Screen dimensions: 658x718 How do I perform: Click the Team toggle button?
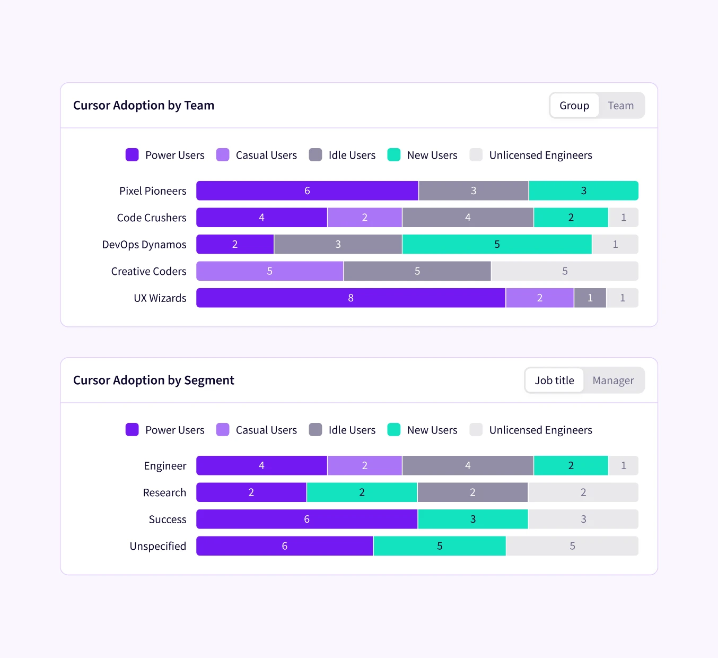click(620, 106)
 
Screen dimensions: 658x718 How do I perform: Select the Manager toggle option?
click(613, 380)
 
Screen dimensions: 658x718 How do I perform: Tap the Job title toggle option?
click(554, 380)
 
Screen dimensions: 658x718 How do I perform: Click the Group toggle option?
click(574, 106)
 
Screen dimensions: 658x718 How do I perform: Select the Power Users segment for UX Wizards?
click(351, 298)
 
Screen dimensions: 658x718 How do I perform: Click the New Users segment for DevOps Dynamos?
click(497, 245)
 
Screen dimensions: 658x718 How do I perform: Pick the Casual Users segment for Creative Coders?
click(269, 271)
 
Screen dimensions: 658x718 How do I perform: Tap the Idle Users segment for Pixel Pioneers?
click(474, 191)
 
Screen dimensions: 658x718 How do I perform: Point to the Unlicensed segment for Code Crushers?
click(623, 218)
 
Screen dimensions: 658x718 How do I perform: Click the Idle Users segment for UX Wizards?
click(590, 298)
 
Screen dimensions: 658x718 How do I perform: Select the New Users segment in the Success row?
click(472, 520)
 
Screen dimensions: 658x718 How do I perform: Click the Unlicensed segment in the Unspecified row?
click(572, 546)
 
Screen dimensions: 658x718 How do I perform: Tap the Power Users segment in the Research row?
click(251, 492)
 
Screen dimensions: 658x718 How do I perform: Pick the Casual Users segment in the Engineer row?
click(364, 466)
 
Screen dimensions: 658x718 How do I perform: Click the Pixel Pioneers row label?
click(153, 191)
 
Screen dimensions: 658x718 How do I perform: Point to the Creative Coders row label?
click(148, 271)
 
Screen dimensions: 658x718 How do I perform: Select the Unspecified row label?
click(157, 546)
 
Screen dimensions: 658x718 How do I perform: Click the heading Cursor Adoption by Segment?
click(154, 380)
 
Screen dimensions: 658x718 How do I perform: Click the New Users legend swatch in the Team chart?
click(394, 155)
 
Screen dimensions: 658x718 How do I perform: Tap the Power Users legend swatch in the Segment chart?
click(132, 430)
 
